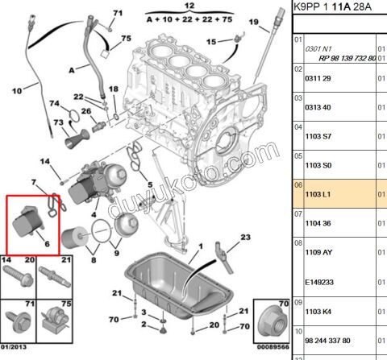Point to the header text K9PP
pos(306,6)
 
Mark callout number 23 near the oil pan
pos(245,236)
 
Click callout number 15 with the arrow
pos(211,40)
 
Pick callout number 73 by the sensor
pos(57,122)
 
